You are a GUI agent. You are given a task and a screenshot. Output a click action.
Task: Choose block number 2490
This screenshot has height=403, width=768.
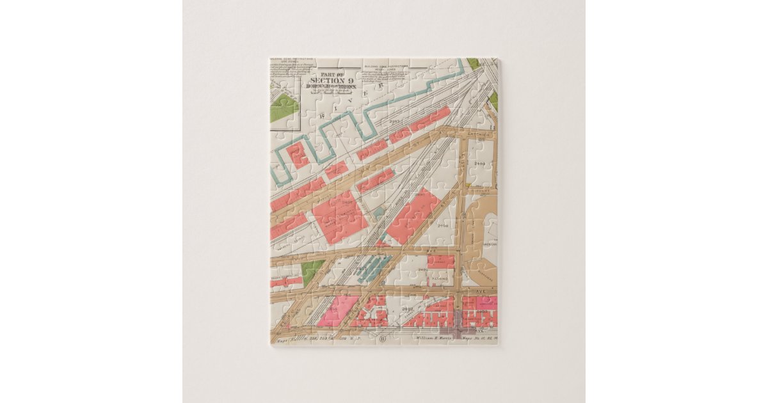click(x=423, y=270)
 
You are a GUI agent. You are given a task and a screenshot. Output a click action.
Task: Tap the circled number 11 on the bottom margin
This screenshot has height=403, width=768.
click(x=383, y=338)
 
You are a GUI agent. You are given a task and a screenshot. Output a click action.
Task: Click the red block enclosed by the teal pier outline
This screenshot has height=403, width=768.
click(x=298, y=154)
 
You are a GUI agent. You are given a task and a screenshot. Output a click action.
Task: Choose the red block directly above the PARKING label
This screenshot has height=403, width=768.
click(x=441, y=262)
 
